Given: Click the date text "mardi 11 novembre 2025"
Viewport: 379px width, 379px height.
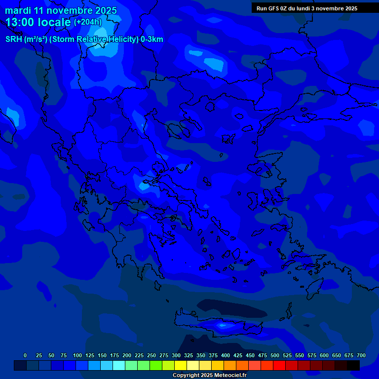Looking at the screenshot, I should (61, 10).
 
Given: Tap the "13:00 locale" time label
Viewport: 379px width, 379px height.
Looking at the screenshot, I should (38, 22).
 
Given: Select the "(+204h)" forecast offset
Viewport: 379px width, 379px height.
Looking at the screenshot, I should (87, 22).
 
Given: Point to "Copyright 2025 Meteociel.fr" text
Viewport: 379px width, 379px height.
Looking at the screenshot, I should (209, 375).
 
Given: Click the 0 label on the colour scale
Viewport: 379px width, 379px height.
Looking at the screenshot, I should (25, 355).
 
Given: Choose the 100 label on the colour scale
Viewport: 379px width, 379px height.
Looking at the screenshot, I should (77, 355).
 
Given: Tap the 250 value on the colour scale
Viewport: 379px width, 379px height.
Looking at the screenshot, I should (152, 355).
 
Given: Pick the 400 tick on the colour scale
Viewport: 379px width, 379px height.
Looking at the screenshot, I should (226, 355).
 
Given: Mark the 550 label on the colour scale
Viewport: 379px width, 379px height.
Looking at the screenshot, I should (300, 355).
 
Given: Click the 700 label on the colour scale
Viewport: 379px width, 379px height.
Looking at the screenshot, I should (361, 355).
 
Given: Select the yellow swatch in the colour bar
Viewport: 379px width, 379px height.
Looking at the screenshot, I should (181, 366).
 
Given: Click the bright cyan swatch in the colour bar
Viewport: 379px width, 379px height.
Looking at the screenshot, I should (119, 366).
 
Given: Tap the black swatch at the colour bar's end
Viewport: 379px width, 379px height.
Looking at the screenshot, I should (353, 366).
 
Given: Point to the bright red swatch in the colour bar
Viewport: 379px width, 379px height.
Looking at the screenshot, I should (279, 366).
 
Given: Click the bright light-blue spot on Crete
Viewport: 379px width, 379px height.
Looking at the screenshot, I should (223, 325).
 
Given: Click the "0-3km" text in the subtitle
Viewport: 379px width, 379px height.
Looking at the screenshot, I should (152, 39).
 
